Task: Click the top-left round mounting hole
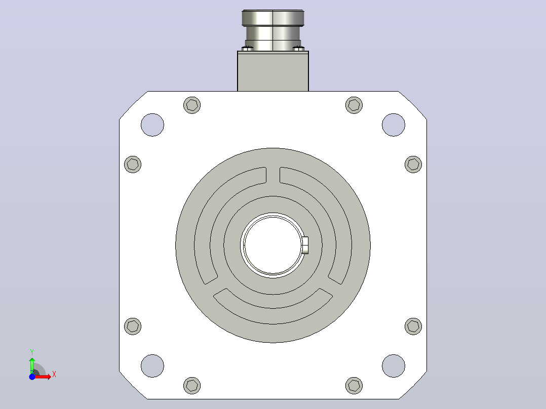(x=152, y=125)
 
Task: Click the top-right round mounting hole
(x=394, y=125)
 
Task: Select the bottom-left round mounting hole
(x=152, y=366)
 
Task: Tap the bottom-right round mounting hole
(x=394, y=366)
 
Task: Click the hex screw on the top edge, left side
(x=192, y=105)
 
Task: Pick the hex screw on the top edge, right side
(x=354, y=105)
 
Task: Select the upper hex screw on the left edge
(x=133, y=165)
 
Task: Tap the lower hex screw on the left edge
(x=133, y=326)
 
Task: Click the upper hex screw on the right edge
(x=413, y=165)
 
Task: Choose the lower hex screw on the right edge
(x=413, y=326)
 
